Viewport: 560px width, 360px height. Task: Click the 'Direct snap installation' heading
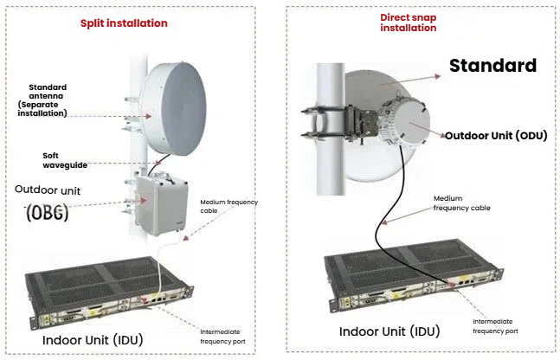(409, 22)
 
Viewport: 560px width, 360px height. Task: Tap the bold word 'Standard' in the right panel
(493, 66)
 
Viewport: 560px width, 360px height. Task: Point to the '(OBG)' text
(48, 211)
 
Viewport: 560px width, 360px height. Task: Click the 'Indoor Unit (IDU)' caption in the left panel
(93, 339)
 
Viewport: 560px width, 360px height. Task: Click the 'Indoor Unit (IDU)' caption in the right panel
(388, 331)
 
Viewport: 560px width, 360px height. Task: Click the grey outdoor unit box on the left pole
(158, 205)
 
